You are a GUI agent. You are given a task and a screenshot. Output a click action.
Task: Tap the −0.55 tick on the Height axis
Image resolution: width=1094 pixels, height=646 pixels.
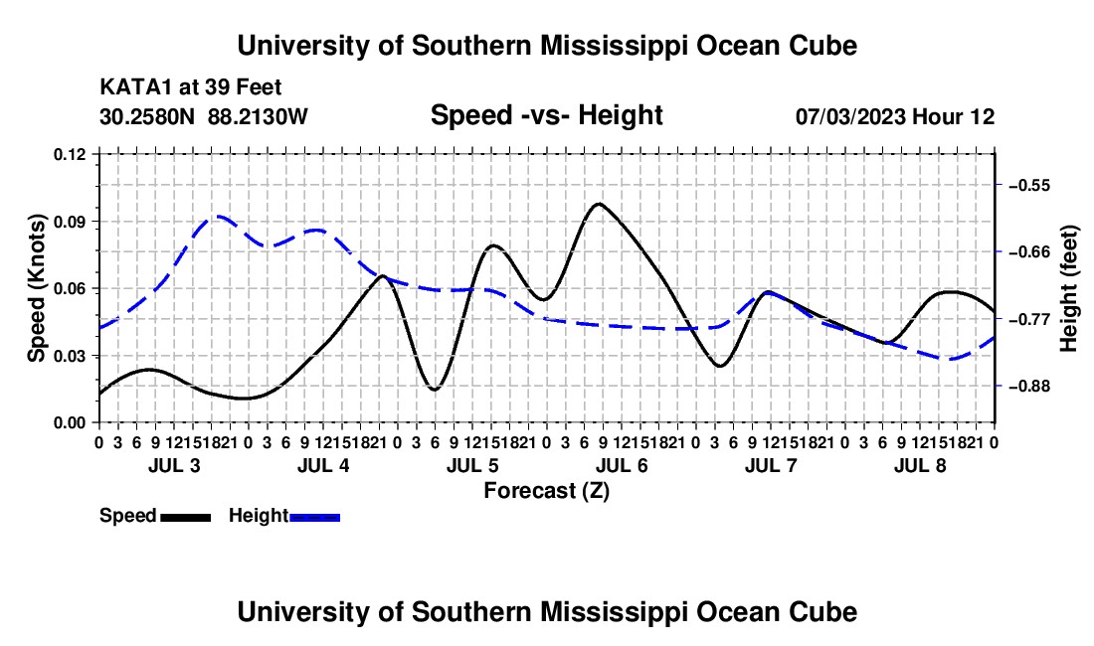pos(1029,186)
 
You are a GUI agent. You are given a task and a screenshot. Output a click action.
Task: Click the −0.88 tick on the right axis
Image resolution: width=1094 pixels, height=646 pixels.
pos(1029,386)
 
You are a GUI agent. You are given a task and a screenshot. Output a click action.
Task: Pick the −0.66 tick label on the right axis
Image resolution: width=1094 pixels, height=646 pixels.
pos(1029,251)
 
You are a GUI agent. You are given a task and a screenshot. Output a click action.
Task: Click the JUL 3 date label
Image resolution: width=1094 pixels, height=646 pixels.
pos(174,465)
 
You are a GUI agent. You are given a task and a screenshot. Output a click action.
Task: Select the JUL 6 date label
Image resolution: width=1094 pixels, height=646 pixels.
pos(622,465)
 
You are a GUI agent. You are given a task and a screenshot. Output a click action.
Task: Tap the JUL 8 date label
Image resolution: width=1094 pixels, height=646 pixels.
pos(920,465)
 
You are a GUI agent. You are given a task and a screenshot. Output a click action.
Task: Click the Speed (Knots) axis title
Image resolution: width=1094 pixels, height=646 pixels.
pos(37,288)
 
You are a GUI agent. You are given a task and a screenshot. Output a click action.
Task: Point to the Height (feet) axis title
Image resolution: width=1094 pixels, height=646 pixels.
pos(1069,288)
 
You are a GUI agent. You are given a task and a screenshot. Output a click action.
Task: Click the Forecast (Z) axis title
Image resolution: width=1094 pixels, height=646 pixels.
pos(547,491)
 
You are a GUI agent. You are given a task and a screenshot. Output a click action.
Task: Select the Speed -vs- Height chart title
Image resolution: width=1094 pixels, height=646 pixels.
pos(547,115)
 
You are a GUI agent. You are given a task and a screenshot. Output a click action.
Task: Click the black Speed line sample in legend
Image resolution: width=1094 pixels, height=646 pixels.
pos(186,517)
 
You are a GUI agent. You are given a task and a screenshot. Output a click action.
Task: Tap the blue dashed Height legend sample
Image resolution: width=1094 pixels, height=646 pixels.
pos(314,517)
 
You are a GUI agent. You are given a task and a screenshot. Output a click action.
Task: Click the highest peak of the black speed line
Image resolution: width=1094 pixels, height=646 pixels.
pos(599,204)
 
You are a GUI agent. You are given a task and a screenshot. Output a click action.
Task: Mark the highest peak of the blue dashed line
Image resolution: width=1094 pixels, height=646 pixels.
pos(218,216)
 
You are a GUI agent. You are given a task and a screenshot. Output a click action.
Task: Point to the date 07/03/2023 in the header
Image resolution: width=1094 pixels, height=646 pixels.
pos(849,116)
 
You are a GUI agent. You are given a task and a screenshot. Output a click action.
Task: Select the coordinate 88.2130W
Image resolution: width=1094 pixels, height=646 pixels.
pos(258,116)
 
